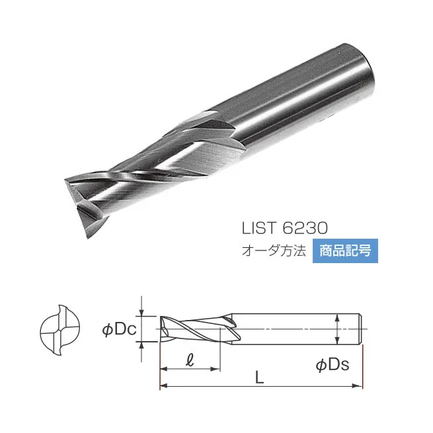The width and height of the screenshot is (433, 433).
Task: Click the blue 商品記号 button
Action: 345,252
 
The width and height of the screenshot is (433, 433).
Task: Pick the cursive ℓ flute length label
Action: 190,360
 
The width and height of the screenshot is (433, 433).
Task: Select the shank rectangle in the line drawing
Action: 297,328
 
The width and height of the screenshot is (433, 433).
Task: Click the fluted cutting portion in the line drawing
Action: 192,329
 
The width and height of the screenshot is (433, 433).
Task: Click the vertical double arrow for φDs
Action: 338,329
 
